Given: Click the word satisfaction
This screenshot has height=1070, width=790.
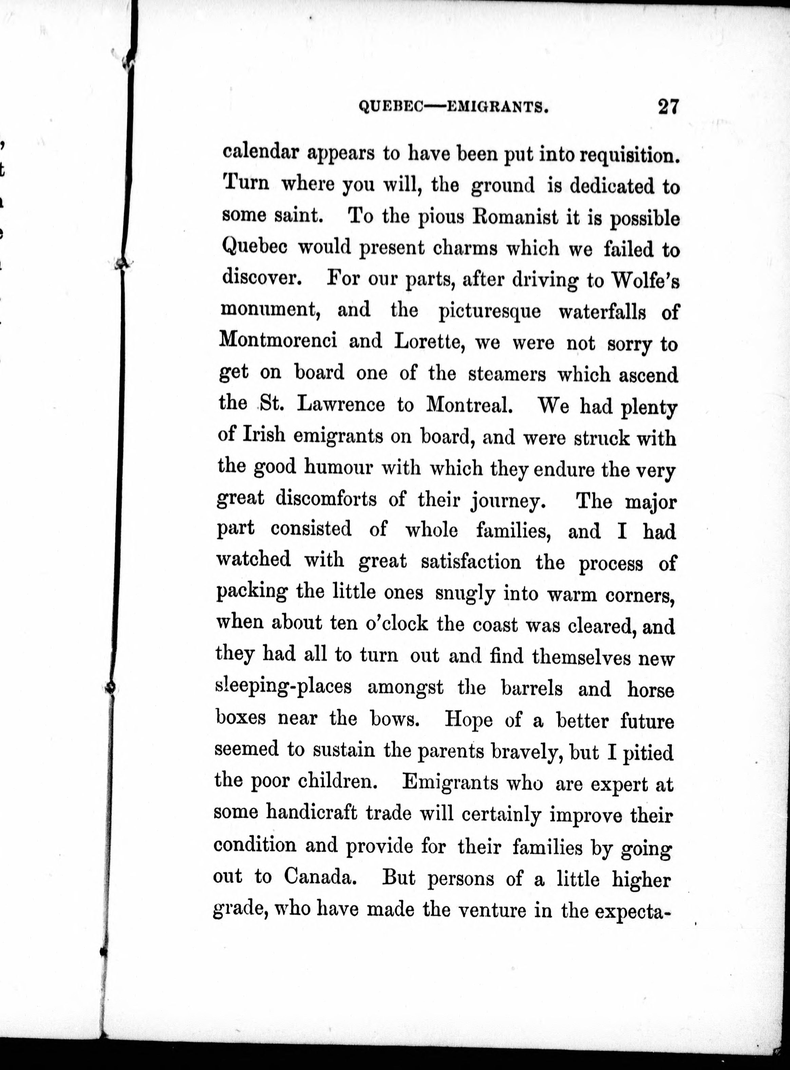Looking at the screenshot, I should pos(471,561).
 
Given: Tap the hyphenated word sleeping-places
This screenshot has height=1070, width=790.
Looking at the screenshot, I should pos(284,687).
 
